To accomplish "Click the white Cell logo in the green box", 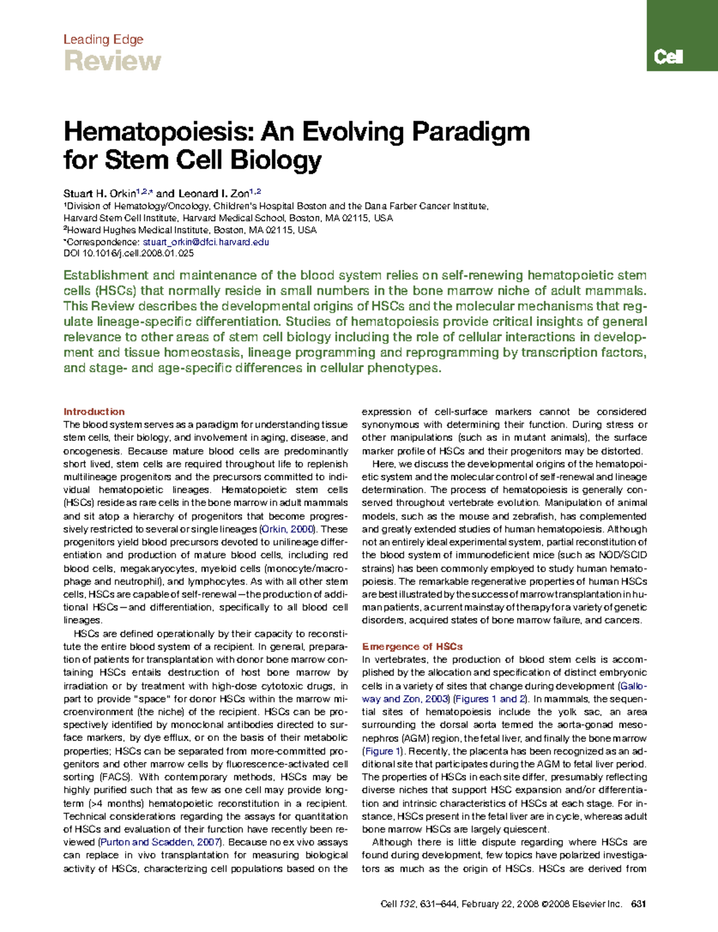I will point(668,57).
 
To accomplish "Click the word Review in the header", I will point(112,61).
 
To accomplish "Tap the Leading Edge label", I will point(103,39).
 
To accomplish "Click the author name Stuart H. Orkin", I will point(101,193).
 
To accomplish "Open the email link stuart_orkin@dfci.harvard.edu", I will point(206,242).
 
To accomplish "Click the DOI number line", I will point(129,254).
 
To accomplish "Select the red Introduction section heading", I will point(94,412).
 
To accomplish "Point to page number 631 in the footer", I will point(638,904).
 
